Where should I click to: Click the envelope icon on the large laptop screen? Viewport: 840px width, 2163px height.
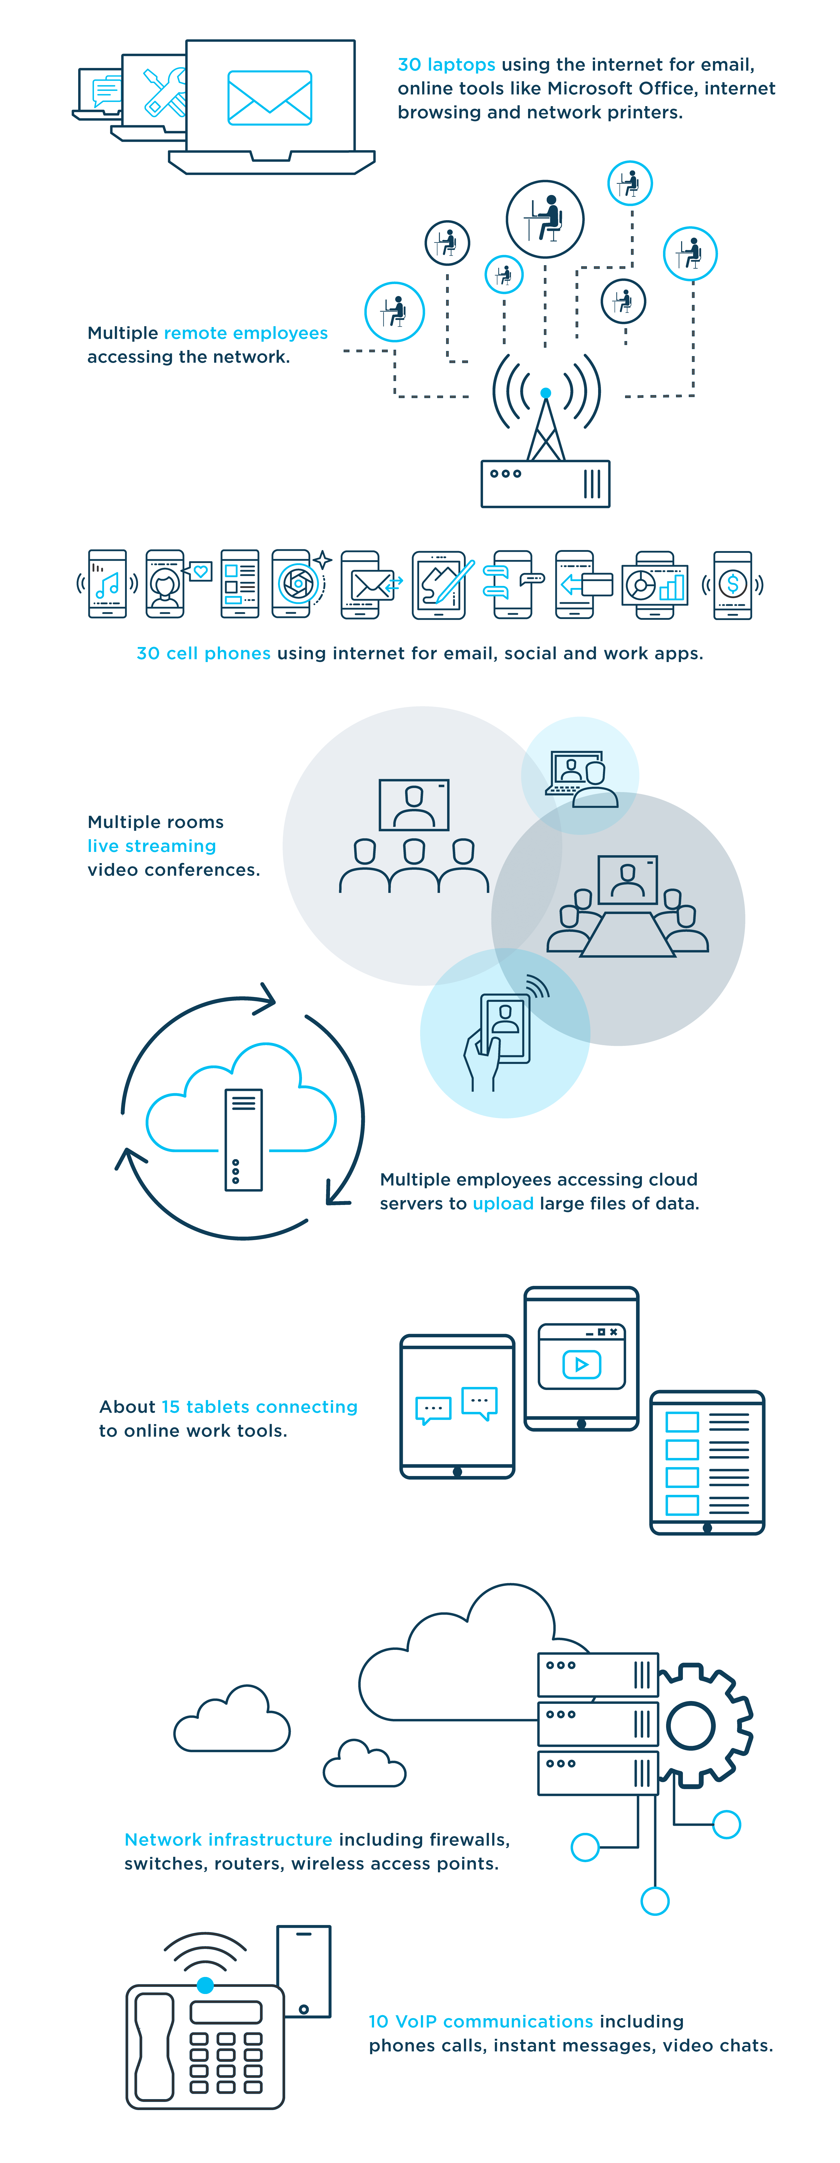pos(270,97)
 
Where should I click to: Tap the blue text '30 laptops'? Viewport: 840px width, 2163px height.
pos(446,65)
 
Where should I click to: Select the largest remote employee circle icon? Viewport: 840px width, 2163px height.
pos(545,219)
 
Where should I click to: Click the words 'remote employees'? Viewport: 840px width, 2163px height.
pos(245,333)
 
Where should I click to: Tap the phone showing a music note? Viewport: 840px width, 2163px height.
pos(107,584)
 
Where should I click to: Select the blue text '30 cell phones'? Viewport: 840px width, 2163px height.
pos(203,653)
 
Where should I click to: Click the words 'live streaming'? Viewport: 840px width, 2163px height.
pos(152,846)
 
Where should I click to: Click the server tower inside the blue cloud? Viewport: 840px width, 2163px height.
pos(244,1140)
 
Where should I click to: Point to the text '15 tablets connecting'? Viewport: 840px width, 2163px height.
pos(259,1407)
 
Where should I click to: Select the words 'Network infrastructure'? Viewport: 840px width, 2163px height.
pos(228,1840)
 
